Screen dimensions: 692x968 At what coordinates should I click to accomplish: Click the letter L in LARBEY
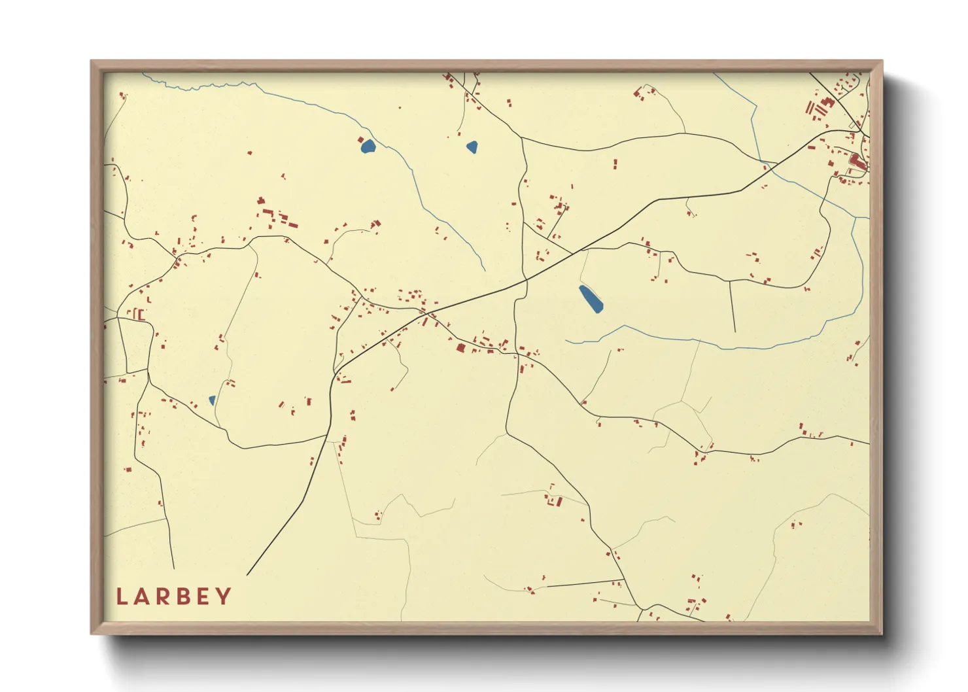pos(122,597)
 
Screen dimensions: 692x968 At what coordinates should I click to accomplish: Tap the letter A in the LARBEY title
pos(143,597)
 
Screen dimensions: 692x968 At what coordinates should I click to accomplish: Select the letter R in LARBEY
pos(164,597)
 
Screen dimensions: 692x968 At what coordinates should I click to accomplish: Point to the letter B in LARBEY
pos(184,597)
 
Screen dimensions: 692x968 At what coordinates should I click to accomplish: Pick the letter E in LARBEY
pos(203,597)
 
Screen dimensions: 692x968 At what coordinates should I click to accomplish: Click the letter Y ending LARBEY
pos(224,597)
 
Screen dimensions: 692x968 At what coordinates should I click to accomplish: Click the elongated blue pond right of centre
pos(591,298)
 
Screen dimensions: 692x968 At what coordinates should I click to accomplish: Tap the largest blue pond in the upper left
pos(368,146)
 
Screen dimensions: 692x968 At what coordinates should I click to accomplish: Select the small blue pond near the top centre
pos(472,147)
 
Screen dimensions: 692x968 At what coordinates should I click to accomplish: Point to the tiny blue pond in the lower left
pos(212,400)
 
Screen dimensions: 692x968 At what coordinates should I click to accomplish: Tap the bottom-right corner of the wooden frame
pos(881,632)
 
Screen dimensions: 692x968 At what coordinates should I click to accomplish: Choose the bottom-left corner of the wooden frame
pos(92,632)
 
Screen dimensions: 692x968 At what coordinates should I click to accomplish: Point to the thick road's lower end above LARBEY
pos(248,575)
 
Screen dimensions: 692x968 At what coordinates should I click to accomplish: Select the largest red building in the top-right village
pos(856,160)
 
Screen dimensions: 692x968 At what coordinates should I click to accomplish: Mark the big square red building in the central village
pos(460,348)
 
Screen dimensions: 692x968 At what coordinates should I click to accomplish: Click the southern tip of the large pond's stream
pos(485,270)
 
